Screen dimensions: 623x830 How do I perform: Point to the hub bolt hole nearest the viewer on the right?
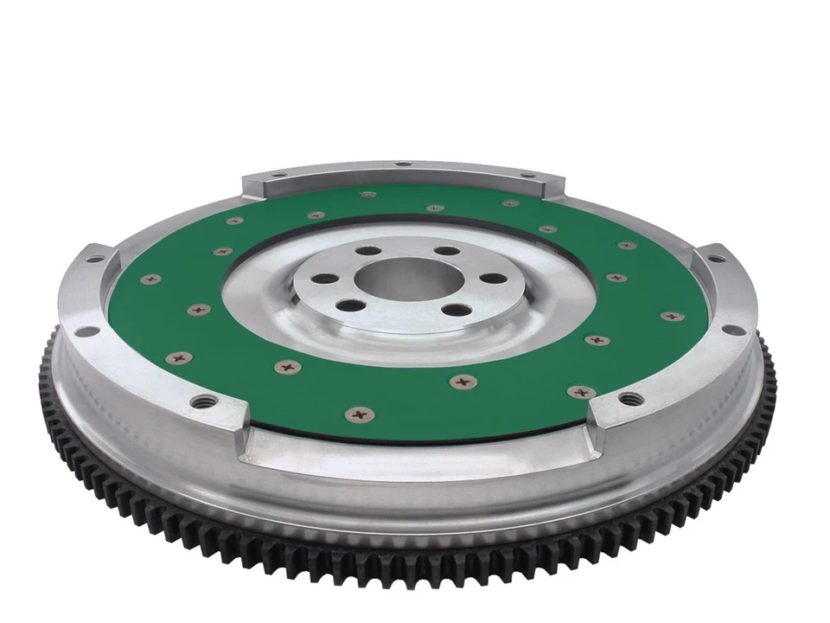pos(457,309)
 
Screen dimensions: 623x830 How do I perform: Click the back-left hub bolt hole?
pos(367,251)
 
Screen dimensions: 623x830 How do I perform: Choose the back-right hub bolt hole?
pos(445,251)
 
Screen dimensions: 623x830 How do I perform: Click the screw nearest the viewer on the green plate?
pos(359,414)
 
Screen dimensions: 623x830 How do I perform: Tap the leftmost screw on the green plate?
pos(151,279)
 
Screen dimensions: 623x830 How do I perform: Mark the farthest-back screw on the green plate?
pos(369,196)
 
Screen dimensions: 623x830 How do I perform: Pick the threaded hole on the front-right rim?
pos(632,398)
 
